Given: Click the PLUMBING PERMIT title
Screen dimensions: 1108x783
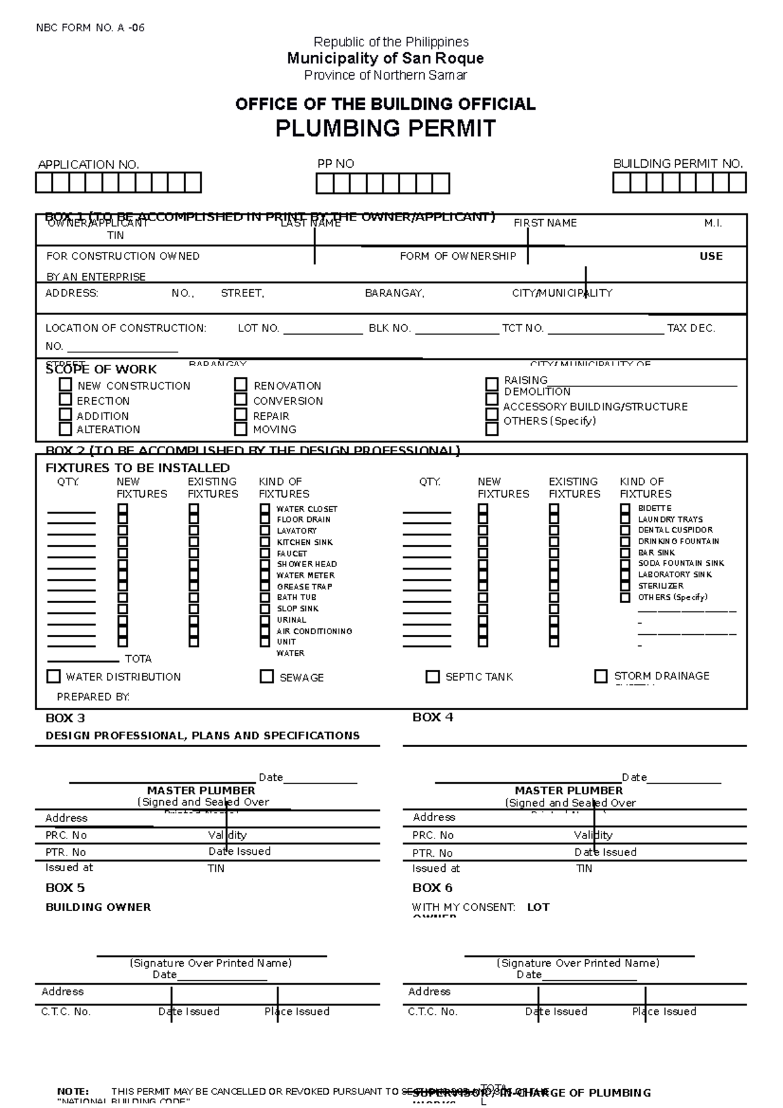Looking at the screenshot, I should [x=385, y=129].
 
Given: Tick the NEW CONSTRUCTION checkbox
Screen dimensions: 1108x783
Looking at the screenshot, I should [x=65, y=384].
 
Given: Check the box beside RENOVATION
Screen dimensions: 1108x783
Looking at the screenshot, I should [x=241, y=384].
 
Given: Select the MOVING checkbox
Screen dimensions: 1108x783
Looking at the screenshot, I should [x=241, y=429].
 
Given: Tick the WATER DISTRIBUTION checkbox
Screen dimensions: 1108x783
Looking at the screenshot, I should [x=54, y=676].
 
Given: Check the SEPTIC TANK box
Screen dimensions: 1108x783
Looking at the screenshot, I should [x=432, y=676].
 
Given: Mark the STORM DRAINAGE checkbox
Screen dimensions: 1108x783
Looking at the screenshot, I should [x=601, y=676].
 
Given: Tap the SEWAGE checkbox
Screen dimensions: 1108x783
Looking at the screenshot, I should [x=266, y=676].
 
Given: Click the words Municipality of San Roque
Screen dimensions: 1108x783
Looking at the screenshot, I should [x=385, y=58].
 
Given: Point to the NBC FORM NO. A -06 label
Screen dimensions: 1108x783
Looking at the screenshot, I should [x=91, y=27].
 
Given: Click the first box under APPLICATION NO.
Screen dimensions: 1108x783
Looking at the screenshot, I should [x=43, y=183].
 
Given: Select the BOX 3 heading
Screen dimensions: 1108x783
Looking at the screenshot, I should [x=65, y=718].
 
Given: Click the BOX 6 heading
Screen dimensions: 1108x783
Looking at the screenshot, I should [x=432, y=887].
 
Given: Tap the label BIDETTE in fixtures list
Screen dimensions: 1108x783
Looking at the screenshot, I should [x=654, y=508].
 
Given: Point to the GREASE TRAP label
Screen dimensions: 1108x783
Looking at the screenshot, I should [x=304, y=586].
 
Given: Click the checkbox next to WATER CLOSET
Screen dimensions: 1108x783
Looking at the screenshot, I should [x=265, y=508].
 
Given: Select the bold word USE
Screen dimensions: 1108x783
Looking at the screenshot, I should [x=711, y=256].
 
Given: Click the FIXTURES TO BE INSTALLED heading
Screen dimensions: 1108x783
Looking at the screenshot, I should [x=138, y=468].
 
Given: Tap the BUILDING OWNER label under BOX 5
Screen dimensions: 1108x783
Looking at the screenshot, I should [x=98, y=907].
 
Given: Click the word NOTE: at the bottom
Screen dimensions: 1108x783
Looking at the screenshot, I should [x=72, y=1092].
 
